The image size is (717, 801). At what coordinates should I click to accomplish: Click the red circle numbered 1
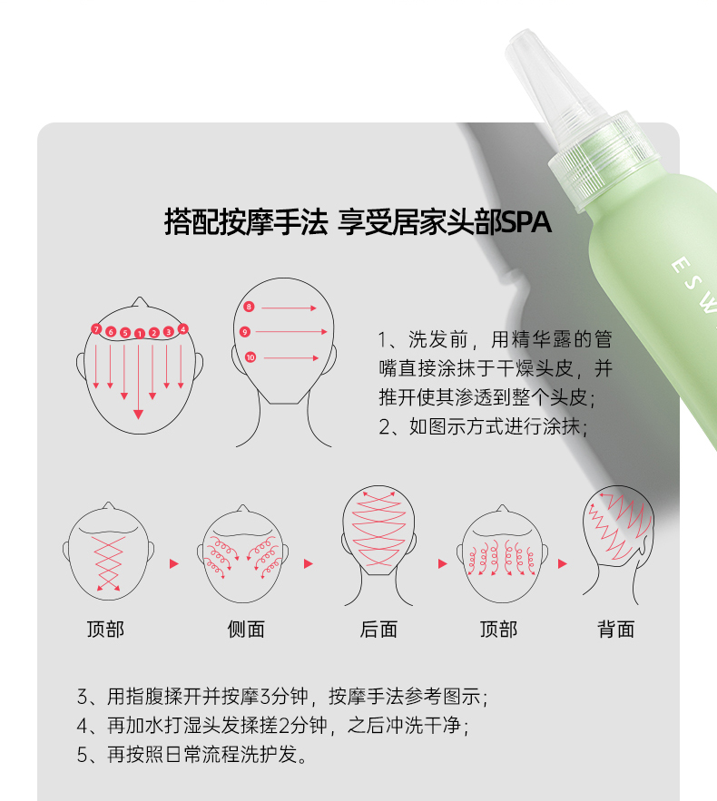[139, 334]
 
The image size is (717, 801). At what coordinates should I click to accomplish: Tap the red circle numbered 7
[96, 329]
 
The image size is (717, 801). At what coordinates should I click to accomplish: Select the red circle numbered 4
[183, 329]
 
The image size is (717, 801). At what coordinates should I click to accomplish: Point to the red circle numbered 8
[249, 307]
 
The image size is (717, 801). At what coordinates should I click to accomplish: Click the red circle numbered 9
[245, 332]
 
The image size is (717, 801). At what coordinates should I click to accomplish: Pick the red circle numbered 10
[250, 357]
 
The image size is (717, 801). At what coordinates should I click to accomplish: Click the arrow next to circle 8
[290, 308]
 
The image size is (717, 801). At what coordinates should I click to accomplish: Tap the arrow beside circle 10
[290, 358]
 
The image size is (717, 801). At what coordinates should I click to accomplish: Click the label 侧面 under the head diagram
[246, 630]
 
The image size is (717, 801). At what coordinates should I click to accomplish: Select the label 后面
[378, 630]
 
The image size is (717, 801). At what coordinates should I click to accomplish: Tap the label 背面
[616, 630]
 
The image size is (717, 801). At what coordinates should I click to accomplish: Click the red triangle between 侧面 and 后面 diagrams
[309, 563]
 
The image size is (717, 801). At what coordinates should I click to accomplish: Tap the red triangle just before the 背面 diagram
[562, 563]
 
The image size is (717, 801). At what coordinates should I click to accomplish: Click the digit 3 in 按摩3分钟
[266, 697]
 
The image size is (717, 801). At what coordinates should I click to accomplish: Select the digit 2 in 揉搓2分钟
[285, 726]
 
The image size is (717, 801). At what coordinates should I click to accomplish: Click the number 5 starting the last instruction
[83, 755]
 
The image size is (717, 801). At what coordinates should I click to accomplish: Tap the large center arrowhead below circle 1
[138, 415]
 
